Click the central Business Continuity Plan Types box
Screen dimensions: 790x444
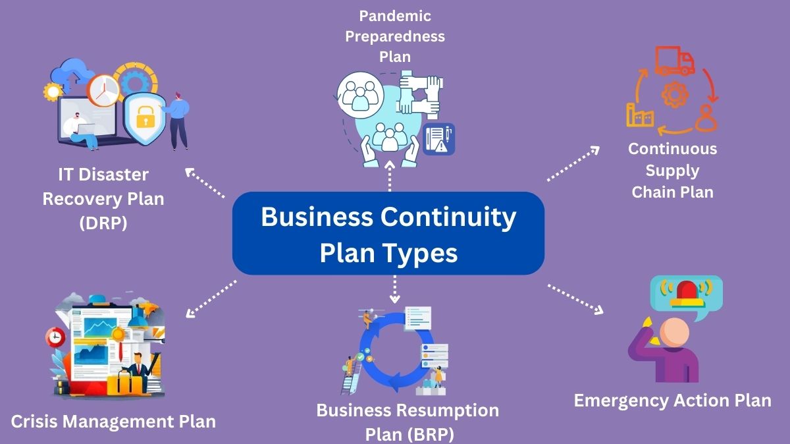[388, 233]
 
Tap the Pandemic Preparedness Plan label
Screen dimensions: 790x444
[394, 36]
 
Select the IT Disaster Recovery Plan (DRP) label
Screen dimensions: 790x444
[103, 198]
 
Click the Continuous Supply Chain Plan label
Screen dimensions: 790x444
[672, 170]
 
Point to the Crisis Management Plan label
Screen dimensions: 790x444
[113, 421]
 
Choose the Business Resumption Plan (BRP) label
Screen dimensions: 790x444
[408, 422]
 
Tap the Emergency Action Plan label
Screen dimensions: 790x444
[672, 401]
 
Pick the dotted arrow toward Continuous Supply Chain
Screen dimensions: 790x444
[572, 163]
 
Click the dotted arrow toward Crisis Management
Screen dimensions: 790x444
[211, 298]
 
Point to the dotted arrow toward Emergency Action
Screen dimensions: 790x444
[575, 298]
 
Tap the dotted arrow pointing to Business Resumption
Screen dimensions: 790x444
[394, 290]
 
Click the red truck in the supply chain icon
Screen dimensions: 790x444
[675, 61]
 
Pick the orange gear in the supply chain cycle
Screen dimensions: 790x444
[674, 96]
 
